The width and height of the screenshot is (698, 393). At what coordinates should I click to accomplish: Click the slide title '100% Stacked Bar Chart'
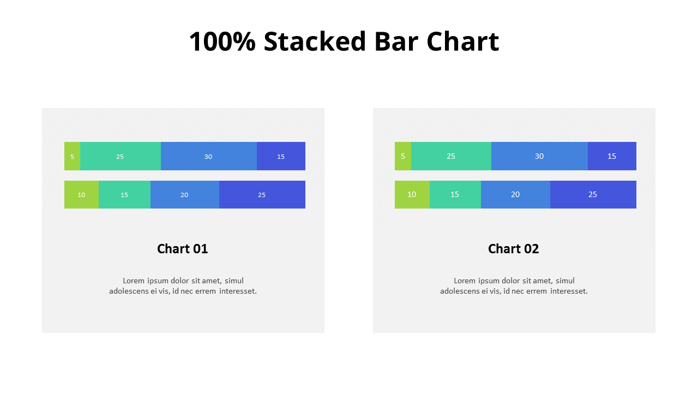(344, 41)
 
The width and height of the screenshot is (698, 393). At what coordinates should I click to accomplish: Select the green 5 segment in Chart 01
(72, 156)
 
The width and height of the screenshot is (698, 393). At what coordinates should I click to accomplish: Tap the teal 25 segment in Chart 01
(120, 156)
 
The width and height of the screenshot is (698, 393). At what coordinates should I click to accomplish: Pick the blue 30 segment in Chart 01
(208, 156)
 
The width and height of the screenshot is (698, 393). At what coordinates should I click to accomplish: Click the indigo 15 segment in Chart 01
(281, 156)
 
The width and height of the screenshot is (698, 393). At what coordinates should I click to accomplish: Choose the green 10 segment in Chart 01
(81, 195)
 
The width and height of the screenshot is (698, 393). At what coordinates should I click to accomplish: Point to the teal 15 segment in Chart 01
(124, 195)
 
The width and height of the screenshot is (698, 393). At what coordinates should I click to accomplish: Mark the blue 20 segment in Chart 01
(184, 195)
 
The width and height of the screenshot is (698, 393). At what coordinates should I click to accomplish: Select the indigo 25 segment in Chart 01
(262, 195)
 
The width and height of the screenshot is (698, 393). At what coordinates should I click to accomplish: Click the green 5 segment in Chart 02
(403, 156)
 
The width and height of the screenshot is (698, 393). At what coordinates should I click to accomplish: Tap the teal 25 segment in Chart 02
(451, 156)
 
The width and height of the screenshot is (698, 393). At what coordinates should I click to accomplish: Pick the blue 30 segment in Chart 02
(539, 156)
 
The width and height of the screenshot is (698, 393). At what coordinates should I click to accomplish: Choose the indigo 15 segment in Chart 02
(612, 156)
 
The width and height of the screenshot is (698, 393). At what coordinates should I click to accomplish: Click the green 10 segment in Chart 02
(412, 195)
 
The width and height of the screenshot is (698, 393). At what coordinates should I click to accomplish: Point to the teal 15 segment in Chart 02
(455, 195)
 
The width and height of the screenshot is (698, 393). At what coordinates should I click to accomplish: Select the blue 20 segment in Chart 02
(515, 195)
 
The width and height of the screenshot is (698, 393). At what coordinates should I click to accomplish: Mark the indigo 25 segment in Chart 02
(593, 195)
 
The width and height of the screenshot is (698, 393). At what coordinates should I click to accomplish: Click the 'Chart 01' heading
(183, 249)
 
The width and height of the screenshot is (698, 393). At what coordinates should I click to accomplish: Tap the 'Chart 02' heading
(513, 249)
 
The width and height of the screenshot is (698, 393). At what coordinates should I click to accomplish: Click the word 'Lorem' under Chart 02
(465, 281)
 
